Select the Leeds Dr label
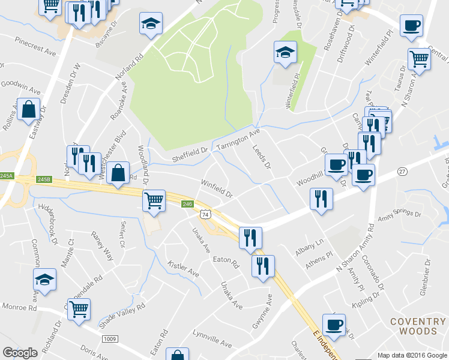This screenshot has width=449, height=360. coord(262,156)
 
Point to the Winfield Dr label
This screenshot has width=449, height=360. coord(216,188)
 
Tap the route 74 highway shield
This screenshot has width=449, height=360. coord(205,214)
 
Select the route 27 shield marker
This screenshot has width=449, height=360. coord(402,172)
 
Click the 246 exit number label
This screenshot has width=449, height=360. coord(187,205)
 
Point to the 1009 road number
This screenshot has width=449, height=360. coord(109,339)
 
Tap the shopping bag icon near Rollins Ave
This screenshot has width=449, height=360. coord(28,109)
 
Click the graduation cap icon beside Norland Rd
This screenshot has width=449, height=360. coord(150,23)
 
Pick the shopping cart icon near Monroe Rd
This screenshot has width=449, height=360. coord(79,310)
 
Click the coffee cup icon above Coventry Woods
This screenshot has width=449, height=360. coord(334,325)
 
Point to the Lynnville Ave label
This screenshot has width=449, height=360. coord(212,340)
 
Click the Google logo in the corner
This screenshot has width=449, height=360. coord(20,353)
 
